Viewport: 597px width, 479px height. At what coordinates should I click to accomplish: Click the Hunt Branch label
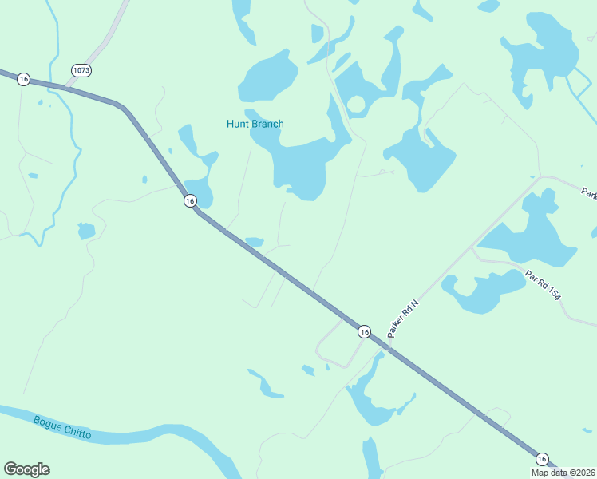click(x=255, y=124)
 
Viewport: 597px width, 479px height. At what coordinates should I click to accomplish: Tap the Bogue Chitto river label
click(x=62, y=428)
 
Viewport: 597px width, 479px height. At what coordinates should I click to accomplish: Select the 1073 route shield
click(x=81, y=70)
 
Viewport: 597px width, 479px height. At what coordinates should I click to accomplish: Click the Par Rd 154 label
click(x=544, y=285)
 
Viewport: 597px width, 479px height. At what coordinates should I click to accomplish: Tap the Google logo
click(x=26, y=469)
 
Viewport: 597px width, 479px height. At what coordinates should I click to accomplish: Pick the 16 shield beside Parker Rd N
click(x=364, y=331)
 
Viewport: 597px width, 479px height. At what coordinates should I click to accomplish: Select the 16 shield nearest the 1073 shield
click(x=23, y=79)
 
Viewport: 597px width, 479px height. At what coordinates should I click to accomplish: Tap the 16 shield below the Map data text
click(x=542, y=459)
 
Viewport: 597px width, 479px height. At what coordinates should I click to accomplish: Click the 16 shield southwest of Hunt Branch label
click(x=189, y=201)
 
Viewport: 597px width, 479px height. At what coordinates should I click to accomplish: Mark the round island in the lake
click(x=355, y=105)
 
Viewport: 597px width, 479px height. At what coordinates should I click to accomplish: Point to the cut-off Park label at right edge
click(x=588, y=194)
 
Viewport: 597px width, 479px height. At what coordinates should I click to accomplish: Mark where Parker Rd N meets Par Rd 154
click(x=473, y=247)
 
